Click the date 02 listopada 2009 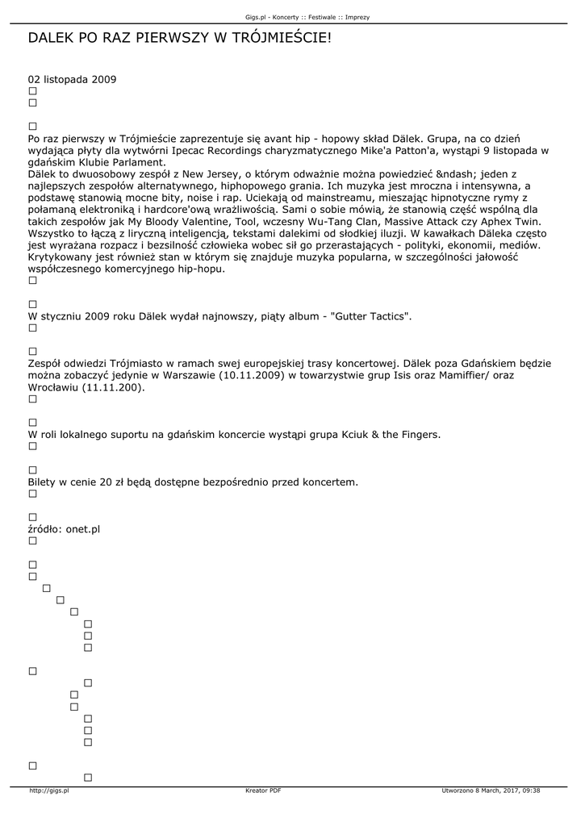point(72,80)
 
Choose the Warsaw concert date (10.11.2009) point(253,375)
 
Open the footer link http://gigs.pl point(49,791)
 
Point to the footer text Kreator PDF point(263,791)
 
